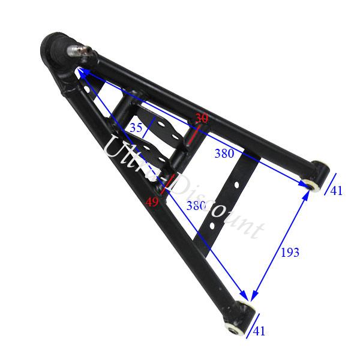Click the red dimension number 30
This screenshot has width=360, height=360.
pos(202,119)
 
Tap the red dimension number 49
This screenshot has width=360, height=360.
pos(152,202)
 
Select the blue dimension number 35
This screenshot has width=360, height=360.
pos(137,127)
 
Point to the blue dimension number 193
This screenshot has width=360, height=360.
pos(290,252)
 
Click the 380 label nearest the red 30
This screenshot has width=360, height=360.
pos(224,154)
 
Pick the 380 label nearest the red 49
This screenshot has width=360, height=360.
pos(196,206)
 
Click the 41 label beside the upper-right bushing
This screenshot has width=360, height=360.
pos(336,191)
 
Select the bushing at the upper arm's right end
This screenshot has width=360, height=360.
pos(316,176)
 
